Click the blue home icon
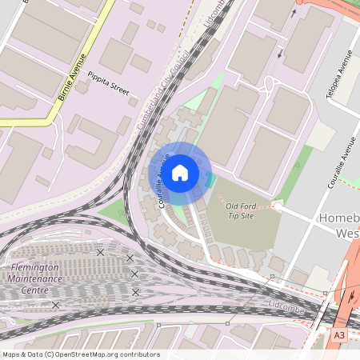coord(180,172)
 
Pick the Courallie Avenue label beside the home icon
coord(163,182)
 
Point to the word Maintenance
coord(36,278)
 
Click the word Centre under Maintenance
coord(34,290)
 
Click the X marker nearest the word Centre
coord(56,305)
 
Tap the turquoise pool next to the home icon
coord(210,182)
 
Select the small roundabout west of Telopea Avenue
coord(270,83)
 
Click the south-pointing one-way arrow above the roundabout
coord(280,54)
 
